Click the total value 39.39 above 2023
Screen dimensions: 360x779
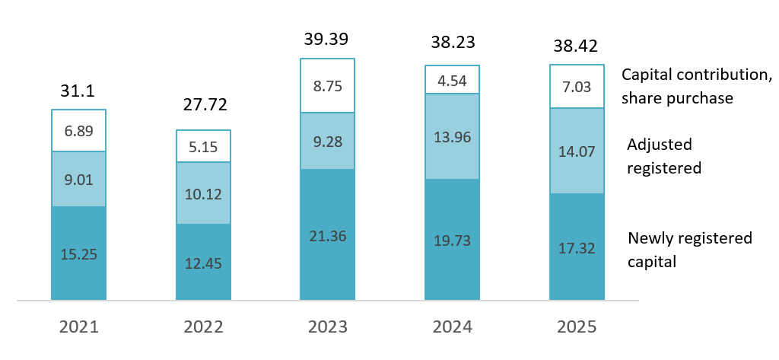[x=328, y=39]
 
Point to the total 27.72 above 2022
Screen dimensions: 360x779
[x=203, y=104]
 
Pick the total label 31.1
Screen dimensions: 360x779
[x=78, y=91]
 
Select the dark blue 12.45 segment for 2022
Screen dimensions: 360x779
[x=203, y=262]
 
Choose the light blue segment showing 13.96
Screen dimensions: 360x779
[x=452, y=137]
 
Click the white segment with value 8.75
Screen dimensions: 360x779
[x=328, y=86]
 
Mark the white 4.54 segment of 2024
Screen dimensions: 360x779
[x=452, y=80]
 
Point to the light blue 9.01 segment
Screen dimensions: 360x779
[x=78, y=179]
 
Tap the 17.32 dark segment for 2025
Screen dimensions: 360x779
[x=577, y=247]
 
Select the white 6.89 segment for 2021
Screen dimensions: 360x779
[x=78, y=131]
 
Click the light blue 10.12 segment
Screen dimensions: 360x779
[x=203, y=193]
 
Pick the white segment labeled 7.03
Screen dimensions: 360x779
[x=577, y=86]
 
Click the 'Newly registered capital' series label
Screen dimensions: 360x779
[x=689, y=250]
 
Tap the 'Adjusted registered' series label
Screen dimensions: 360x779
[x=663, y=156]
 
